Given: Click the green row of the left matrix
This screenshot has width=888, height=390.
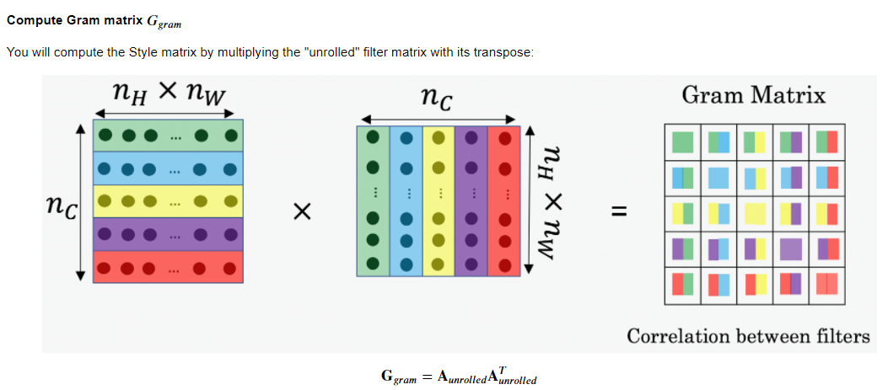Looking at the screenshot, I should pos(168,135).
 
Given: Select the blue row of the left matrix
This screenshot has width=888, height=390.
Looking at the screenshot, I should pos(168,168).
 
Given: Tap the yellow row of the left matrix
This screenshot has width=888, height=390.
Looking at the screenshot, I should pos(168,200).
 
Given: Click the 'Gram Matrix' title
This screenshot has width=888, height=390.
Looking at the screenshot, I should pos(753,95).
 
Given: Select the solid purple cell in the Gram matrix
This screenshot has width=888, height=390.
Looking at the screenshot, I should pos(791,248).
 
